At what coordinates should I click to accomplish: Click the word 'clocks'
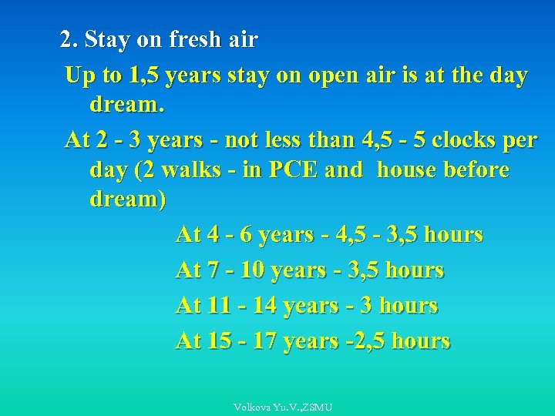468,141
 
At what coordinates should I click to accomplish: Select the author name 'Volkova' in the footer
253,406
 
